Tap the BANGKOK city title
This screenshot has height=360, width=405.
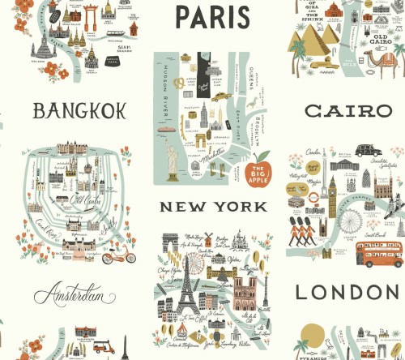[x=79, y=111]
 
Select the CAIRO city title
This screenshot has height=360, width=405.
[x=348, y=112]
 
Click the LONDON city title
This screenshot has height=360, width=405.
[x=348, y=292]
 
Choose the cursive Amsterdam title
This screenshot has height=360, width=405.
[x=75, y=295]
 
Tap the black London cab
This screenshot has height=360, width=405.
[x=368, y=151]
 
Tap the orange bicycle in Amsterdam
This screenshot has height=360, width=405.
[x=118, y=257]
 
